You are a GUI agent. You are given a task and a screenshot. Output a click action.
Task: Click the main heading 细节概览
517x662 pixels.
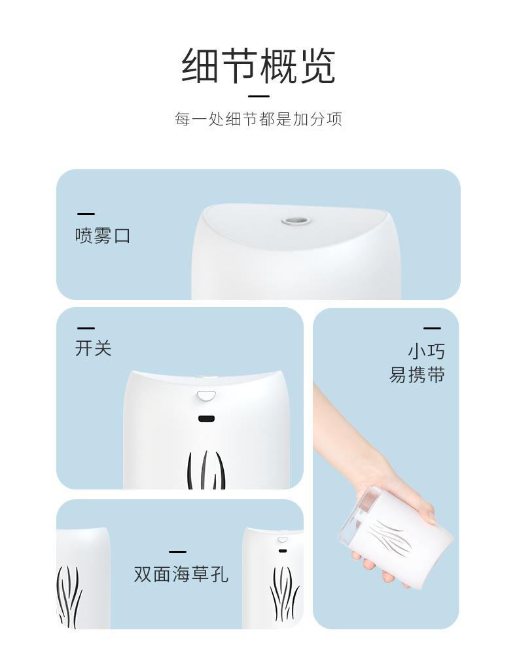258,65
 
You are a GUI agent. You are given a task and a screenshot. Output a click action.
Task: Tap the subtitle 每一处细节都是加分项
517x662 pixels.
258,120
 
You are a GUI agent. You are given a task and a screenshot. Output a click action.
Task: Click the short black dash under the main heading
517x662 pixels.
258,95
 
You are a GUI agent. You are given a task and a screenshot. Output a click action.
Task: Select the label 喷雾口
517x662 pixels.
103,235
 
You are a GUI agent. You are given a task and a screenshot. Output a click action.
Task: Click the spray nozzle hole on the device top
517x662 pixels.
294,219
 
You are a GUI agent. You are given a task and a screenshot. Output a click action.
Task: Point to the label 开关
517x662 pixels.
94,348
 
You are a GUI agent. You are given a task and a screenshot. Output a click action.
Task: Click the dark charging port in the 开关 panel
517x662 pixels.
207,419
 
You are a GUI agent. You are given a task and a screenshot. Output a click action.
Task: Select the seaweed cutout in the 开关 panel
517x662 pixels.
206,470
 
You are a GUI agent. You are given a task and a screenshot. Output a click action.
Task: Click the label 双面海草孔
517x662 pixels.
181,574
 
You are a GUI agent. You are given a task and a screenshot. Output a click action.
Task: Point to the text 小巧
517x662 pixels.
427,352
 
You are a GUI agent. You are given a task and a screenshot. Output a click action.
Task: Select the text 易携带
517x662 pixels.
418,376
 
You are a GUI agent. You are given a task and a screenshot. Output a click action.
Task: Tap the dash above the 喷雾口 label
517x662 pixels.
86,214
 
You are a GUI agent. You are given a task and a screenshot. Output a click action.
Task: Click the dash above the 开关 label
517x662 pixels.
86,328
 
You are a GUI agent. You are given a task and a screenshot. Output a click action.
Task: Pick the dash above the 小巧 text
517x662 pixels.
432,329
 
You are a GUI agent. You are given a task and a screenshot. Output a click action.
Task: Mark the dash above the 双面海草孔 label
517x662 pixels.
177,552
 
